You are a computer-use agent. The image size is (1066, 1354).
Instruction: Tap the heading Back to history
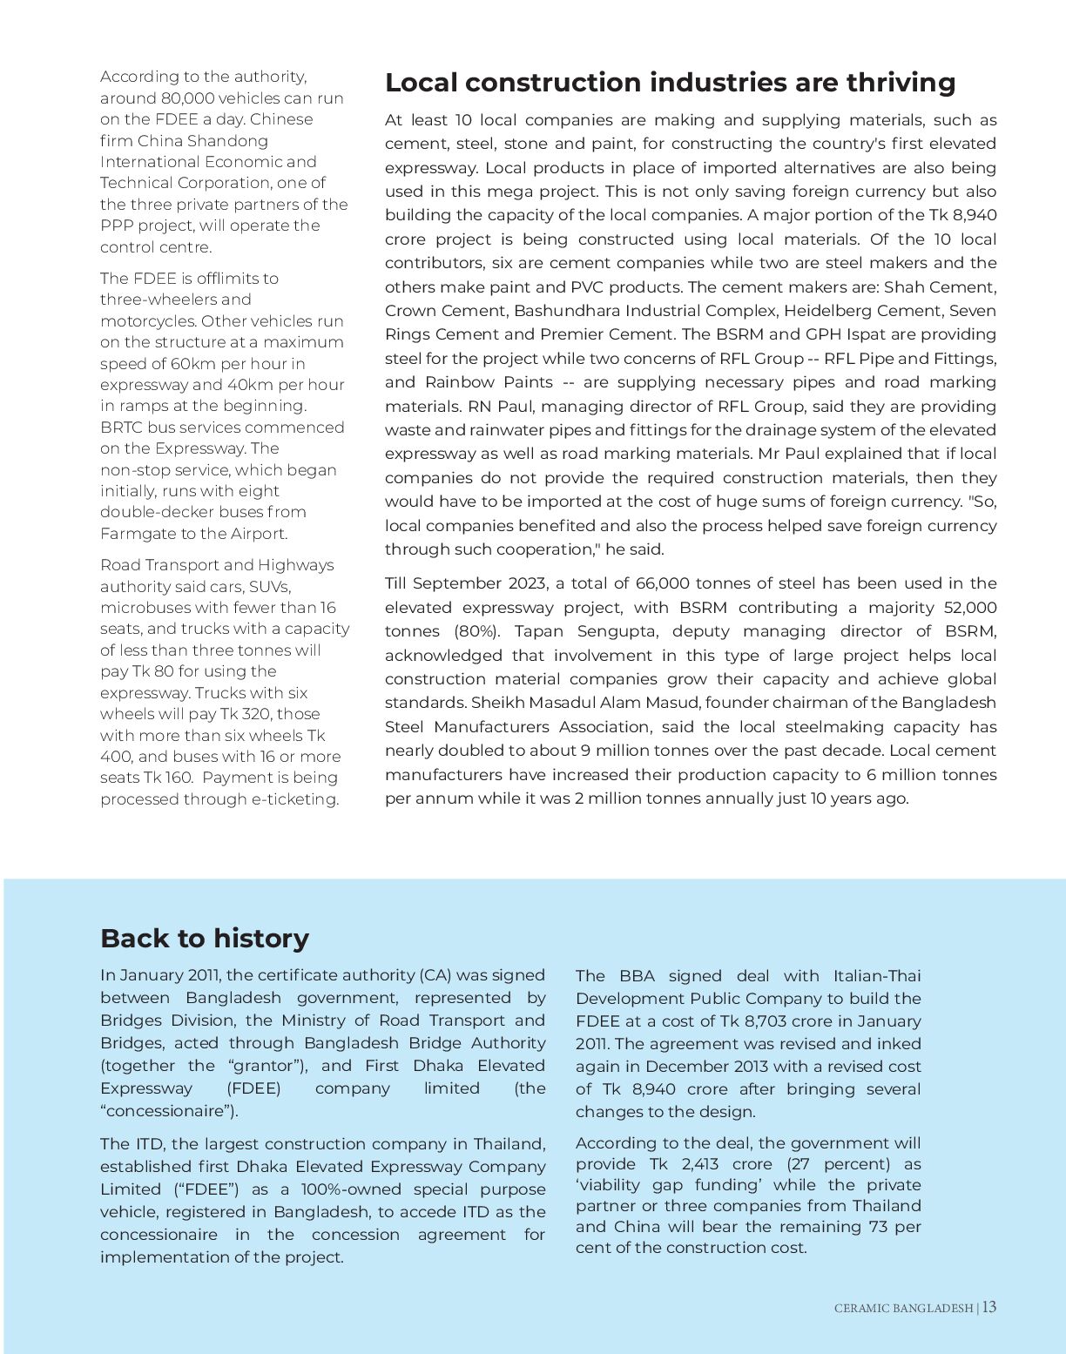205,938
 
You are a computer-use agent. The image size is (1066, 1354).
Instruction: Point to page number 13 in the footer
989,1307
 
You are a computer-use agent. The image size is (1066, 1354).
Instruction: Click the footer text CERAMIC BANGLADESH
903,1308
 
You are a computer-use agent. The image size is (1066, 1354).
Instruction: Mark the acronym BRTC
121,428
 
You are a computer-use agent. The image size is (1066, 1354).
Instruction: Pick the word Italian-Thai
876,976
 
